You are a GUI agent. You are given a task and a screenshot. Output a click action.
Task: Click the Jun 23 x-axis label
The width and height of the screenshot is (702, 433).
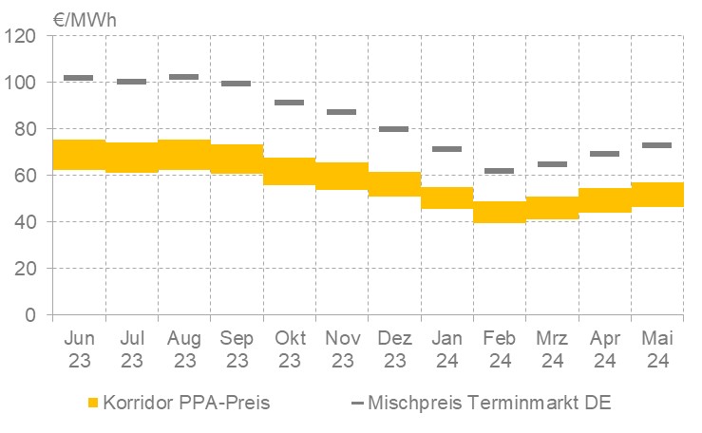[79, 349]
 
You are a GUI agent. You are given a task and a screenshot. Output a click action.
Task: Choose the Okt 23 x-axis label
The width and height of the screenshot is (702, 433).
[290, 349]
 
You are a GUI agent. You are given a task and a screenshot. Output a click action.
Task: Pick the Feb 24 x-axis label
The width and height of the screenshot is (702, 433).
[499, 349]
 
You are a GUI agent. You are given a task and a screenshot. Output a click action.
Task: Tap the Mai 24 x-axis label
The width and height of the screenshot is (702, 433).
[656, 349]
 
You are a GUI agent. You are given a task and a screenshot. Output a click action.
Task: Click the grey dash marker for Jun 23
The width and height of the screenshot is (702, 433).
[79, 78]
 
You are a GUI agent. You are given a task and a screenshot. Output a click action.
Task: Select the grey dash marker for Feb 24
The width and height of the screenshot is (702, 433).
[499, 171]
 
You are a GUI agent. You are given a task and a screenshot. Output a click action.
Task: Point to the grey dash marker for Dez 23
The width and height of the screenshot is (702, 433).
[394, 129]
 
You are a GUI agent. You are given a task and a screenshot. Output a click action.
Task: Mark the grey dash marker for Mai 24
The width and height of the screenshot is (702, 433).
[656, 145]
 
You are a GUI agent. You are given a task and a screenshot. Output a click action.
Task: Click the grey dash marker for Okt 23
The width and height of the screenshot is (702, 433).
[290, 103]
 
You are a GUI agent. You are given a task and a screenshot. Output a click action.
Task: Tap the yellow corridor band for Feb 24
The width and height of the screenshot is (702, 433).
[499, 212]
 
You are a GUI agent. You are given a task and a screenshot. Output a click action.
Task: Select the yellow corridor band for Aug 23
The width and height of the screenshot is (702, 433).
[184, 155]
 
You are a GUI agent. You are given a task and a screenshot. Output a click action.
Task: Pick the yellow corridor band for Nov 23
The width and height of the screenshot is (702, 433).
[342, 176]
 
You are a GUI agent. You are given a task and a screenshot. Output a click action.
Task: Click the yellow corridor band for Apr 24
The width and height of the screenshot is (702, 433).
[604, 199]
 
